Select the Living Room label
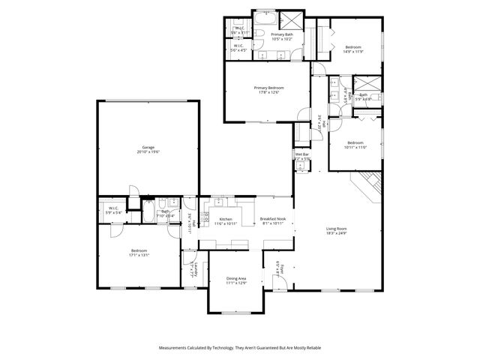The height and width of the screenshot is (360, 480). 336,231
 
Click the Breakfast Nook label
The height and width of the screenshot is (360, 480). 272,220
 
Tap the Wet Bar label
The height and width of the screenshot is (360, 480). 302,157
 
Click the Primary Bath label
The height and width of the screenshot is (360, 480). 282,37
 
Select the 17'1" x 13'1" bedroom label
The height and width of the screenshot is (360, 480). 139,253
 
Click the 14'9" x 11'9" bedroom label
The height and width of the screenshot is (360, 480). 353,49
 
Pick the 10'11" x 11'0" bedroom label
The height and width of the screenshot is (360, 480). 355,145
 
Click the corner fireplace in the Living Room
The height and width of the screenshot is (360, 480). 370,183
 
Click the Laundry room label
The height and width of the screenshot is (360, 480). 192,270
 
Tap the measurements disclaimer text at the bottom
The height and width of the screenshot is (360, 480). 239,348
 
